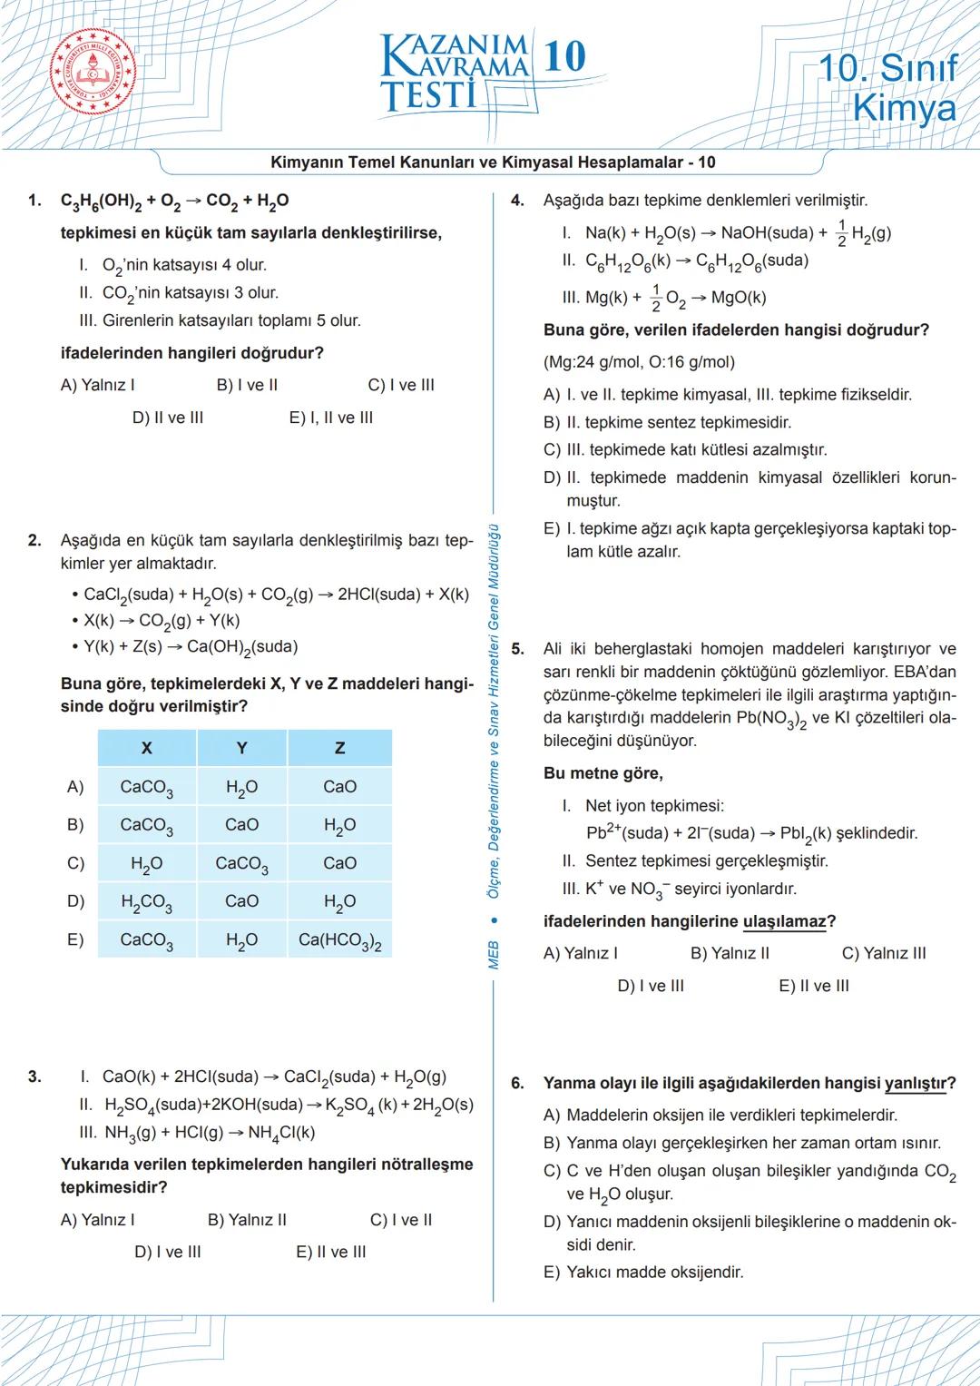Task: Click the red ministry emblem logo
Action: [93, 74]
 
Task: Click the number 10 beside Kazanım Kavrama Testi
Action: [565, 56]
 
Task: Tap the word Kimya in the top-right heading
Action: [905, 108]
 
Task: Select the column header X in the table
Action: [146, 749]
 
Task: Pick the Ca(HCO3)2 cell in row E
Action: [339, 941]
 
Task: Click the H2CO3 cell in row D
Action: [146, 902]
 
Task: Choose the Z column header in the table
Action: [339, 749]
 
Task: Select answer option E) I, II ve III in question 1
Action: [331, 418]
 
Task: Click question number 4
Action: [517, 201]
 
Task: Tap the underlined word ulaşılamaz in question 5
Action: [784, 921]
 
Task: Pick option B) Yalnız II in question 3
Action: [247, 1220]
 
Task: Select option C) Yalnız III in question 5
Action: [884, 953]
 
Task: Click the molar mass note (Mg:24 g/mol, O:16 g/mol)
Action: [639, 362]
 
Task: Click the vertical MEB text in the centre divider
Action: [494, 955]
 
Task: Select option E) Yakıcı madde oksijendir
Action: [643, 1272]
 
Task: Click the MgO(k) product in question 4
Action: [739, 298]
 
